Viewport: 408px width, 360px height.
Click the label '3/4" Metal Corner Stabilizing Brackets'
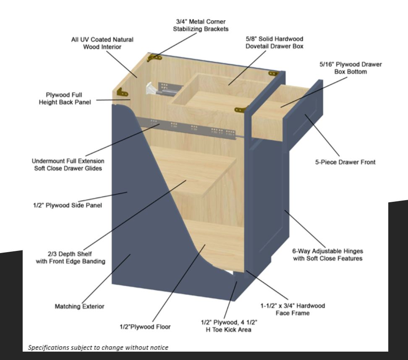pos(201,25)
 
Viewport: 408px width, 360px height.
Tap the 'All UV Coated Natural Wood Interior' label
pos(102,43)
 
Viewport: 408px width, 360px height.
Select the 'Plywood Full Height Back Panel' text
pos(65,99)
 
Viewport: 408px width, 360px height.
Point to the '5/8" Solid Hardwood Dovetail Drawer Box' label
pos(275,42)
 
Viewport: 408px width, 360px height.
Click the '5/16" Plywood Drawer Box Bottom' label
pos(350,68)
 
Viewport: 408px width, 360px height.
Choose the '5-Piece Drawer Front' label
pos(345,162)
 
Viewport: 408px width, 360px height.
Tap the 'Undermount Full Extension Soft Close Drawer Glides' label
pos(68,164)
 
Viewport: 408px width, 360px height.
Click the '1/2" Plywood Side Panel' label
pos(68,205)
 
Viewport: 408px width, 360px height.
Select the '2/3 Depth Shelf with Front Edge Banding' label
pos(70,258)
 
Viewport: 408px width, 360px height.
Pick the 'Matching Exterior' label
pos(79,306)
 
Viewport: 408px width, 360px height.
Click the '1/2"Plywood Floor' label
pos(145,327)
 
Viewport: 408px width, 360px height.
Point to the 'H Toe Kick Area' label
pos(228,330)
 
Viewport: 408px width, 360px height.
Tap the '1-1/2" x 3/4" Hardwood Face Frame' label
pos(293,309)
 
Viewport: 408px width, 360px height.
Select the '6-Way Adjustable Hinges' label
pos(327,251)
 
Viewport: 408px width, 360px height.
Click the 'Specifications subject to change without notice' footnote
pos(98,347)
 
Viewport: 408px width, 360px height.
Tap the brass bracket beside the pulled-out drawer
pos(240,110)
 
